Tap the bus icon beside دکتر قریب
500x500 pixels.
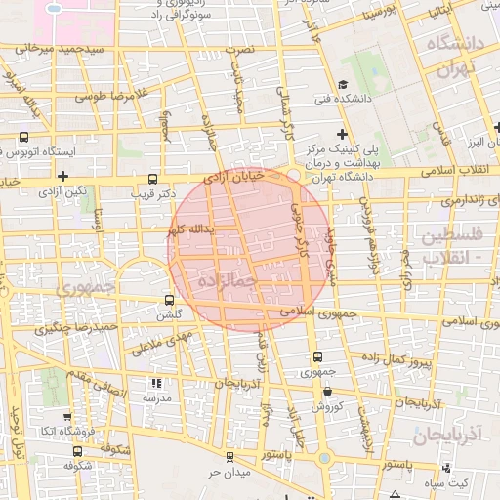151,179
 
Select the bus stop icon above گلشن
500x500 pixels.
170,301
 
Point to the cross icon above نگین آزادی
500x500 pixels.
62,176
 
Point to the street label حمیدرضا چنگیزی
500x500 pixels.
77,328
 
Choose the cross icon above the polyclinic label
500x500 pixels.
342,133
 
